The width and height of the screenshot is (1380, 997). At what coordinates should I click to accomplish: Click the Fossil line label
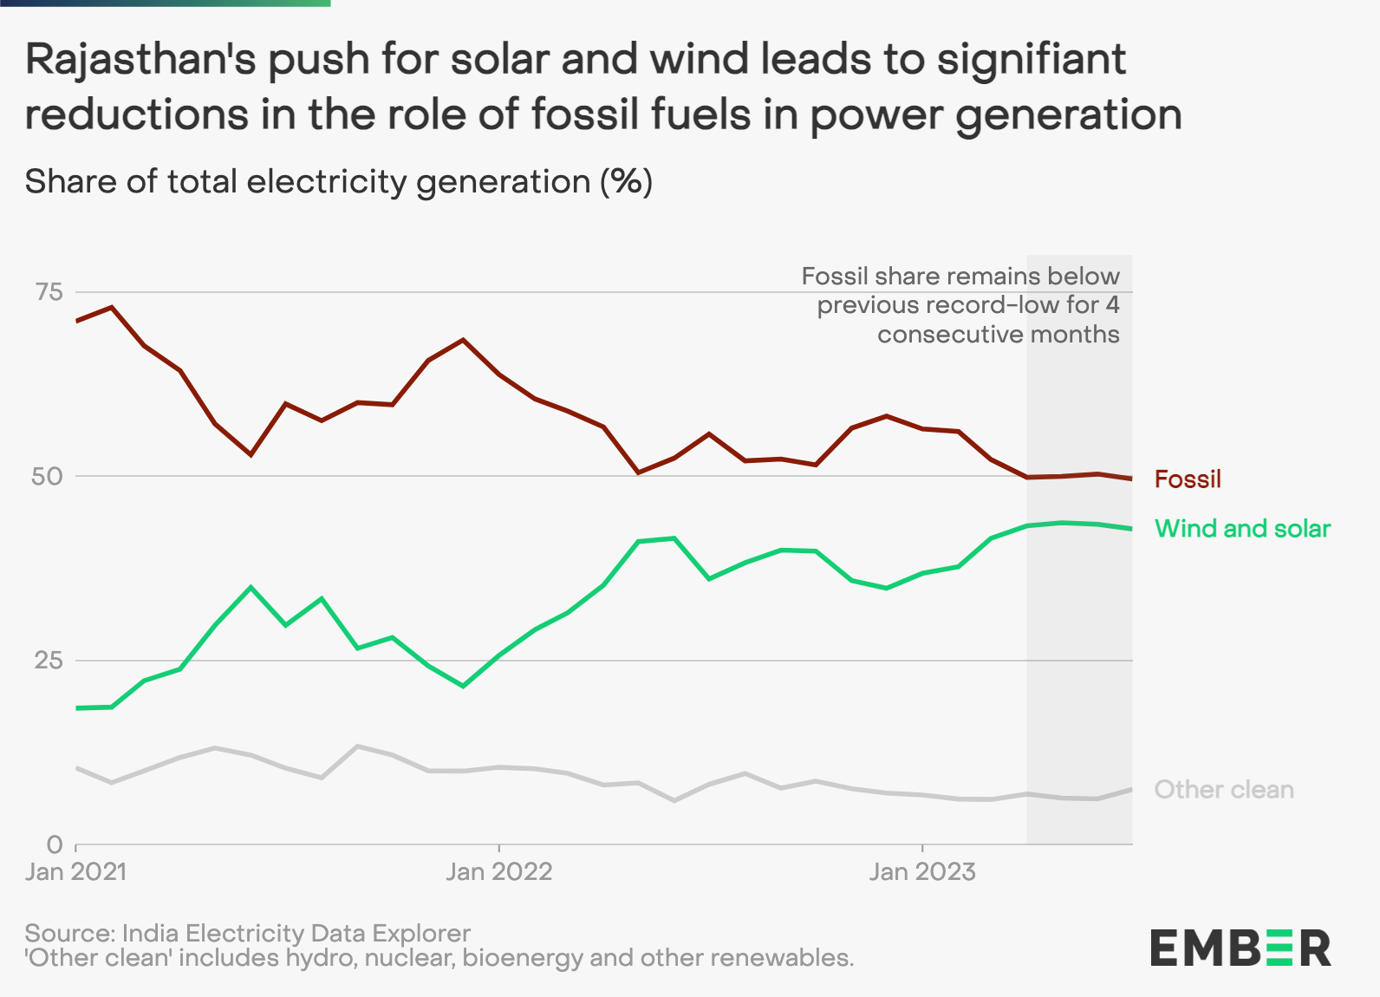pos(1187,479)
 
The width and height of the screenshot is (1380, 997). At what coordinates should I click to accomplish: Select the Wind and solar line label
pos(1242,528)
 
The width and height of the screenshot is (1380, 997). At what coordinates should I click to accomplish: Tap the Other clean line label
pos(1223,789)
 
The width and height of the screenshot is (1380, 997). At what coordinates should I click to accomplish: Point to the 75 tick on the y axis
pos(49,291)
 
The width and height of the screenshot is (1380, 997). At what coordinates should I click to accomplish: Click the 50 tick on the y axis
pos(49,476)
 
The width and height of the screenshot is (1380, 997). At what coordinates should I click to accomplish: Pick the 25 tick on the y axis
pos(49,661)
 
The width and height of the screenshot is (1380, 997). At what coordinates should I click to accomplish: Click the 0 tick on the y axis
pos(55,844)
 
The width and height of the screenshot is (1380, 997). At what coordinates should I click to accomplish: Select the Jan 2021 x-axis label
pos(75,871)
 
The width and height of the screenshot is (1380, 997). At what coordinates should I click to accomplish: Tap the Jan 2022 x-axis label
pos(498,871)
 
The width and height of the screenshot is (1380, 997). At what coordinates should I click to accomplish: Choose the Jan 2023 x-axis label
pos(921,871)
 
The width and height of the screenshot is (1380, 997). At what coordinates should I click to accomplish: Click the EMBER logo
pos(1240,948)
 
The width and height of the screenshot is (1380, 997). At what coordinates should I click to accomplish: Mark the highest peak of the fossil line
pos(111,307)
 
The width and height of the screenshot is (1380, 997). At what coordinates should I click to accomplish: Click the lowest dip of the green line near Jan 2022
pos(463,686)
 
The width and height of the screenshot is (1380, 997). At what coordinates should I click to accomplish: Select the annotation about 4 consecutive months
pos(960,305)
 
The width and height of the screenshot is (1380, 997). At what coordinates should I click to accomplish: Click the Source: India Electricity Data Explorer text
pos(247,933)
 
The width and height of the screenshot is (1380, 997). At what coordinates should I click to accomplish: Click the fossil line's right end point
pos(1131,479)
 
